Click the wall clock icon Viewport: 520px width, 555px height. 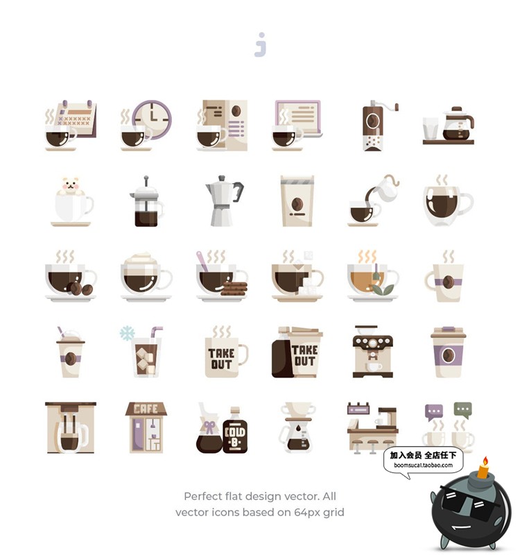point(152,119)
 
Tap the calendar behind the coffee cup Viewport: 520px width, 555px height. point(76,119)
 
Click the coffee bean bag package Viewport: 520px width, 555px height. point(297,200)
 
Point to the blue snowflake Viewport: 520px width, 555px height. point(127,333)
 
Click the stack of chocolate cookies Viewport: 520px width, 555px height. point(234,289)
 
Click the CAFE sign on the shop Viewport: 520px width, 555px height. point(146,409)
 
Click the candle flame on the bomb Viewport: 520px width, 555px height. point(486,461)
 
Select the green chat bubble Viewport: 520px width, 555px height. point(462,410)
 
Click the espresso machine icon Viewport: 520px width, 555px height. point(373,352)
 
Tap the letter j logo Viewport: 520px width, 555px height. point(261,44)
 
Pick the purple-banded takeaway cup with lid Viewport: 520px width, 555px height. point(448,352)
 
